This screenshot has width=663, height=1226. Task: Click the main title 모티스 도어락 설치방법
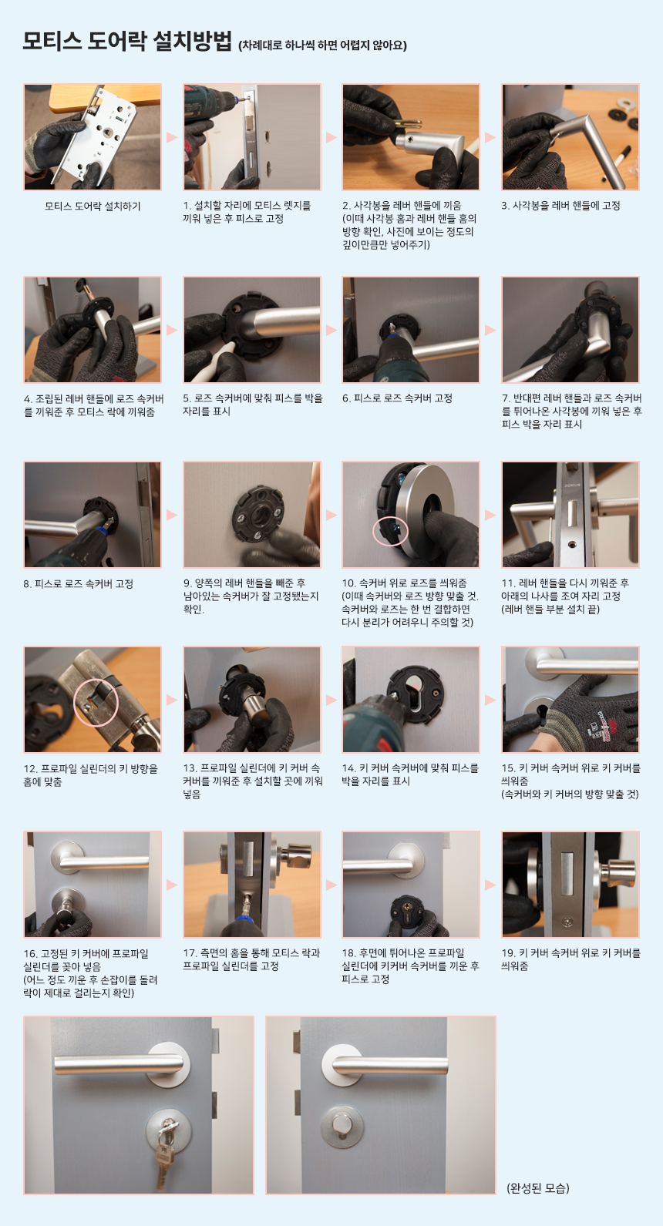pyautogui.click(x=127, y=41)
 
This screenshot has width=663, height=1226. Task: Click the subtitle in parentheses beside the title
pyautogui.click(x=322, y=45)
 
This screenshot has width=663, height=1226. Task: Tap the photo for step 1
pyautogui.click(x=252, y=137)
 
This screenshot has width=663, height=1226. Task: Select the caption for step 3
pyautogui.click(x=560, y=206)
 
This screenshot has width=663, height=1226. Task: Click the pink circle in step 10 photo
pyautogui.click(x=390, y=531)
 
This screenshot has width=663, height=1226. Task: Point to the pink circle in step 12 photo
pyautogui.click(x=96, y=702)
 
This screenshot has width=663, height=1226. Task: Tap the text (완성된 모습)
pyautogui.click(x=538, y=1187)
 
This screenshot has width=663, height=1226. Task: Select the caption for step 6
pyautogui.click(x=398, y=398)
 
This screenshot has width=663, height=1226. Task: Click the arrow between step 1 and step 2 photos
pyautogui.click(x=331, y=137)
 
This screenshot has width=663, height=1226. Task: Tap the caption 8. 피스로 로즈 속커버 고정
pyautogui.click(x=79, y=584)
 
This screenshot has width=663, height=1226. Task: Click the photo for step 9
pyautogui.click(x=252, y=515)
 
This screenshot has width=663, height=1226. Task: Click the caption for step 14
pyautogui.click(x=410, y=774)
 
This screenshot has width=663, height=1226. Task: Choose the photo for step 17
pyautogui.click(x=252, y=885)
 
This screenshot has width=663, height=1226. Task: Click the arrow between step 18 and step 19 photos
pyautogui.click(x=490, y=885)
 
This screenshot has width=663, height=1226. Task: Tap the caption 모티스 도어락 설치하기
pyautogui.click(x=93, y=207)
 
